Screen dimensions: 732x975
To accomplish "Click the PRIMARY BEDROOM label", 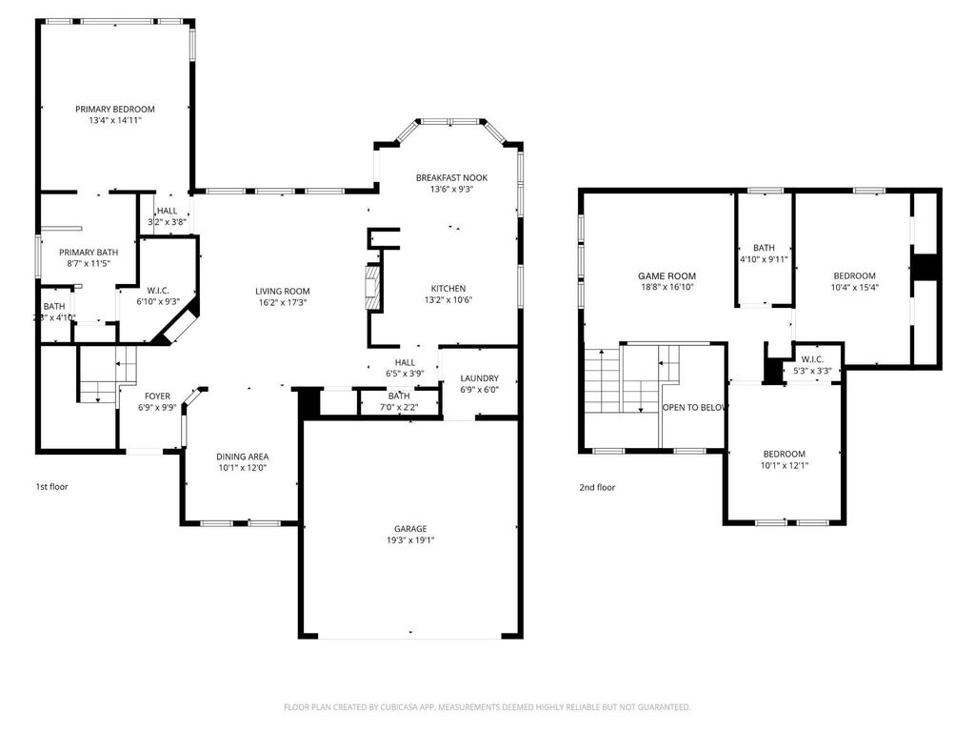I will tap(115, 110).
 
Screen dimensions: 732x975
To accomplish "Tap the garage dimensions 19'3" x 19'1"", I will tap(411, 540).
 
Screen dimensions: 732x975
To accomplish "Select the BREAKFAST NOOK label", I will tap(451, 177).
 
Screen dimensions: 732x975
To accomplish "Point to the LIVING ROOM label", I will tap(282, 291).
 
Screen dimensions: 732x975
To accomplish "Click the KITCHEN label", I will tap(448, 288).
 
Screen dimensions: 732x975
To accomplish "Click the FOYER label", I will tap(157, 396).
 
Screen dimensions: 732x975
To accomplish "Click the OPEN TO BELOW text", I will tap(695, 406).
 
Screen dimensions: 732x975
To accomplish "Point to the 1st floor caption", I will tap(51, 487).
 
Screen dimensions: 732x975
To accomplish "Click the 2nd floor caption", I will tap(597, 488).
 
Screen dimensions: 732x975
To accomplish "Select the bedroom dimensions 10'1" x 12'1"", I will tap(784, 465).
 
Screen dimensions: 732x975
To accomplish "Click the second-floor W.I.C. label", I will tap(812, 360).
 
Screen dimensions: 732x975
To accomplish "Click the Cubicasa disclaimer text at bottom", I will tap(487, 707).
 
